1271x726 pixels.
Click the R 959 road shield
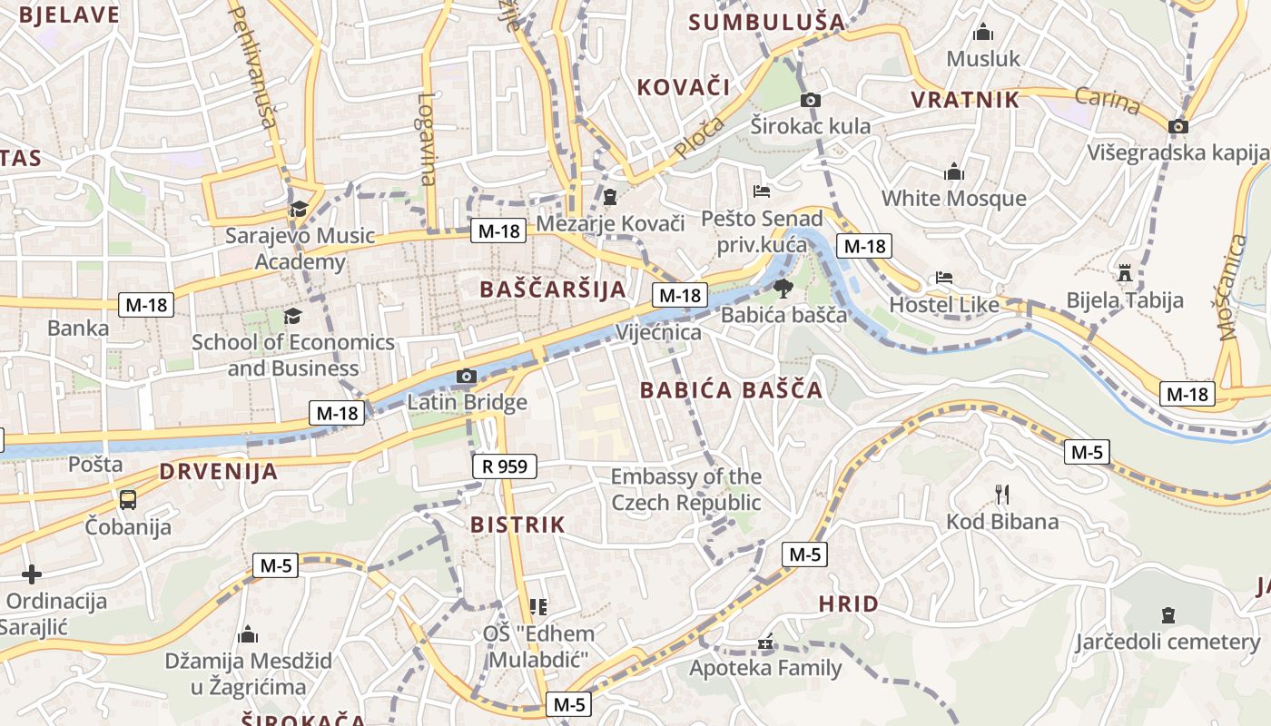pyautogui.click(x=505, y=466)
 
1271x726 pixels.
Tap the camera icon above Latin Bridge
pyautogui.click(x=467, y=376)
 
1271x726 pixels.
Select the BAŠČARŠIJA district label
pyautogui.click(x=553, y=289)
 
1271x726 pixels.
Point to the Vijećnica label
pyautogui.click(x=659, y=332)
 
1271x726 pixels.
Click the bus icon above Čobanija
pyautogui.click(x=128, y=499)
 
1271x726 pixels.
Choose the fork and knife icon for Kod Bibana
pyautogui.click(x=1002, y=495)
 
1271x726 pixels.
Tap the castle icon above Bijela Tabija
pyautogui.click(x=1125, y=273)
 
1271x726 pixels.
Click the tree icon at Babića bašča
pyautogui.click(x=783, y=289)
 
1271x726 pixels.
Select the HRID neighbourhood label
pyautogui.click(x=849, y=603)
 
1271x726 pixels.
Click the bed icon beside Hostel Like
pyautogui.click(x=944, y=278)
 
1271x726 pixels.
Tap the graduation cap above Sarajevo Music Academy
pyautogui.click(x=299, y=210)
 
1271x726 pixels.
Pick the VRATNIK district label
pyautogui.click(x=965, y=100)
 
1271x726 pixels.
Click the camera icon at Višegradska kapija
pyautogui.click(x=1178, y=126)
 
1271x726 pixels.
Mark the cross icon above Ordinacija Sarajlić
pyautogui.click(x=32, y=574)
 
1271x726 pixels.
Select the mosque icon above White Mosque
pyautogui.click(x=954, y=172)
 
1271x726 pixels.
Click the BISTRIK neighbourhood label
pyautogui.click(x=517, y=525)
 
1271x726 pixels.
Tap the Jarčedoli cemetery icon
pyautogui.click(x=1168, y=615)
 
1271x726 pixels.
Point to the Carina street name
pyautogui.click(x=1108, y=101)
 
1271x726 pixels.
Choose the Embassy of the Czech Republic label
pyautogui.click(x=686, y=489)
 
